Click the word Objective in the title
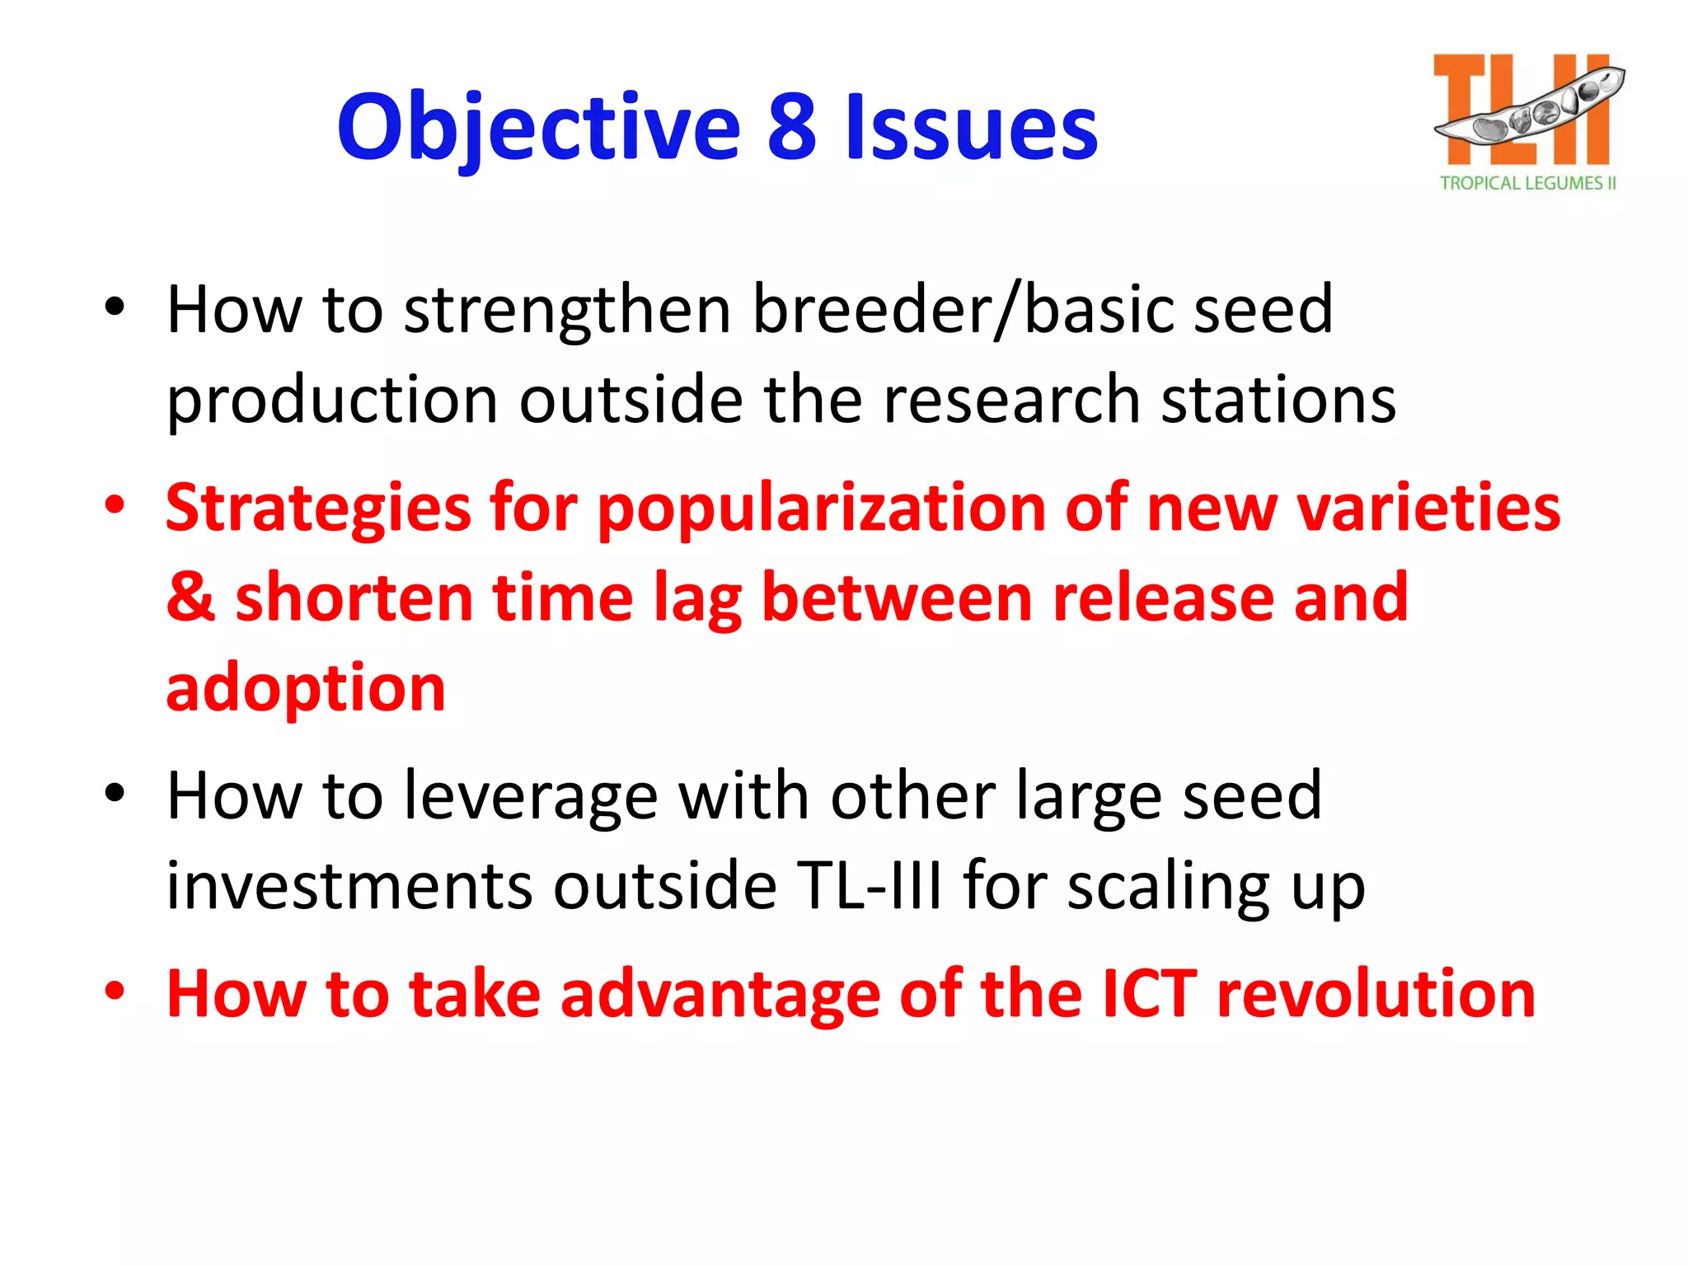[539, 128]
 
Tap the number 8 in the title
[792, 128]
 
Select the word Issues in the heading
[972, 128]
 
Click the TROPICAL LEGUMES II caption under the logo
[1527, 183]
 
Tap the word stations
[1278, 401]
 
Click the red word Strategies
[318, 509]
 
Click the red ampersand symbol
[190, 598]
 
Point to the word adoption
[306, 688]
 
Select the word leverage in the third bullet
[531, 797]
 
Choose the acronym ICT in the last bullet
[1149, 995]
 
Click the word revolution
[1376, 995]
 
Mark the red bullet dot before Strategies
[115, 504]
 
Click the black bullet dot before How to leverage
[115, 793]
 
